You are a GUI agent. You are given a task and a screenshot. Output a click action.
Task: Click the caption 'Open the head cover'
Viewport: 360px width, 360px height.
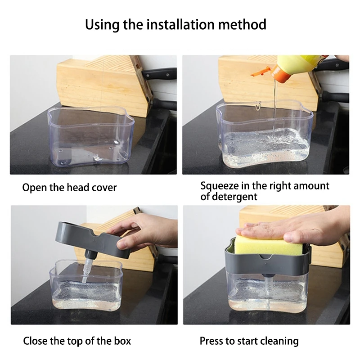click(x=69, y=187)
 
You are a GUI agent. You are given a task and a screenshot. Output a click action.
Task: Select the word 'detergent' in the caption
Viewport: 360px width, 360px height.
click(x=229, y=197)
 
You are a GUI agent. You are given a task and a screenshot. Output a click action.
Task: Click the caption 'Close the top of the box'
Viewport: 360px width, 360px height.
click(x=77, y=341)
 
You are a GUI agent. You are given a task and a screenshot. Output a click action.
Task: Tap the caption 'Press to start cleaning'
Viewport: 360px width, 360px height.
click(x=249, y=341)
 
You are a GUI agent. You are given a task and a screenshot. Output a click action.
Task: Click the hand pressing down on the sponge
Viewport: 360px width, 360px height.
click(x=292, y=227)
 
